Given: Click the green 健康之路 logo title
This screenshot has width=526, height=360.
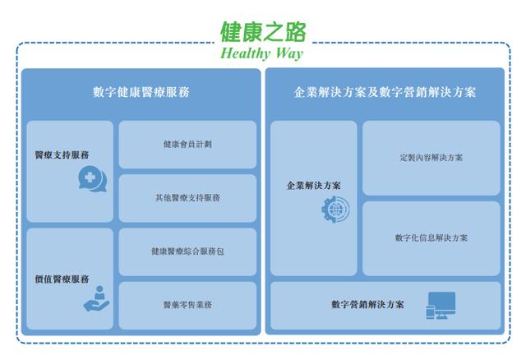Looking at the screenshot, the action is point(263,32).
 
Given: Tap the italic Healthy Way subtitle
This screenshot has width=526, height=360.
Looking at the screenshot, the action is point(261,53).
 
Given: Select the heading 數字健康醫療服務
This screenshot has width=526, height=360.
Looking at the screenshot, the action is point(141,92).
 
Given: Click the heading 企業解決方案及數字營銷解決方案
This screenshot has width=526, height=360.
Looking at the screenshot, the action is point(385,92).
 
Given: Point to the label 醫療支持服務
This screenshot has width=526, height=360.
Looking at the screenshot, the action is point(62,155).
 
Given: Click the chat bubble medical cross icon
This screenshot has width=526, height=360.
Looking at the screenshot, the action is point(93,179).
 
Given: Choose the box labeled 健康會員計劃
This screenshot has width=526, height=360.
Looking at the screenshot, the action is point(187,145).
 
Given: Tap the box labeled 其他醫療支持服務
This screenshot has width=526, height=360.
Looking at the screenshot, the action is point(187,198).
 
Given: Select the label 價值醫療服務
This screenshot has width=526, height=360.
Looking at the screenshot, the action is point(62,279).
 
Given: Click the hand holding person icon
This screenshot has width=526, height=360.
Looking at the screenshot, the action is point(97,298).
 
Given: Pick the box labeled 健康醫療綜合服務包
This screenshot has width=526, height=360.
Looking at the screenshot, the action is point(187,252).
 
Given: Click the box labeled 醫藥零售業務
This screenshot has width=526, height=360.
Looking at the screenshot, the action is point(187,305).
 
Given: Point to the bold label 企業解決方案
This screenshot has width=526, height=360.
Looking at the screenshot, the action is point(314,185).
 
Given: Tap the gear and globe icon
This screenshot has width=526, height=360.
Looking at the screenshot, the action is point(335,210).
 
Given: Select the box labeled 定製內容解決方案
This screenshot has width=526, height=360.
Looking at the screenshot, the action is point(431,158).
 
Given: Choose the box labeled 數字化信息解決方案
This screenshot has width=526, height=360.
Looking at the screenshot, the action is point(431,238).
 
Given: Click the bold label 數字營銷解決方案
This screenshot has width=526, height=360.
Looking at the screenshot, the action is point(367,305).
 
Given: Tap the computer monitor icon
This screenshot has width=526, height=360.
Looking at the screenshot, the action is point(441,305).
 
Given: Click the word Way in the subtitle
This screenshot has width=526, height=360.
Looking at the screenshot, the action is point(289,53).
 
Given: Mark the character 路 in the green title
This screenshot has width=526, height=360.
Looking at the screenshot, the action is point(296,32).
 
